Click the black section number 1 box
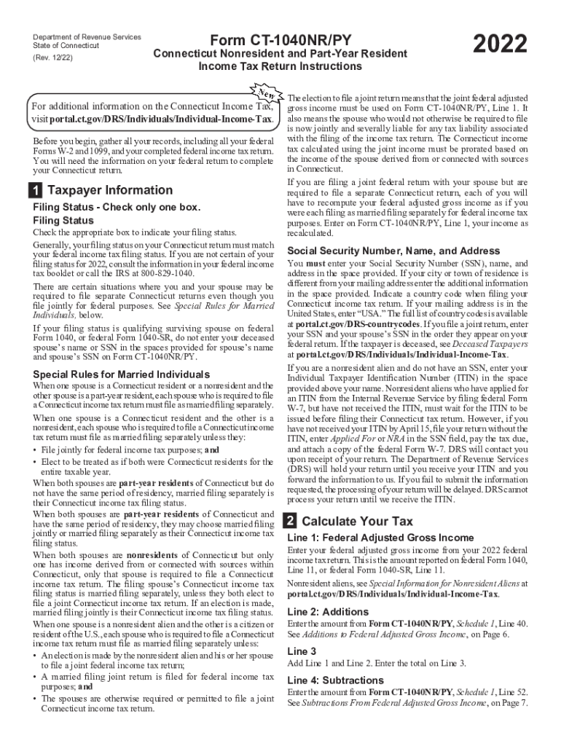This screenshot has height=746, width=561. pyautogui.click(x=34, y=191)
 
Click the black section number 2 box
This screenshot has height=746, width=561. pyautogui.click(x=289, y=522)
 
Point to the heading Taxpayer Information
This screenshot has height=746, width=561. pyautogui.click(x=109, y=191)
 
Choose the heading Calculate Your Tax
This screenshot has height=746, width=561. pyautogui.click(x=357, y=522)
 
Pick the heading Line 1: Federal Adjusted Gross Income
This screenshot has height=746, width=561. pyautogui.click(x=380, y=538)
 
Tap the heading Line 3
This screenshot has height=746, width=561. pyautogui.click(x=302, y=651)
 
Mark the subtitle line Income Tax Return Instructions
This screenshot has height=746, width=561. pyautogui.click(x=280, y=66)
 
